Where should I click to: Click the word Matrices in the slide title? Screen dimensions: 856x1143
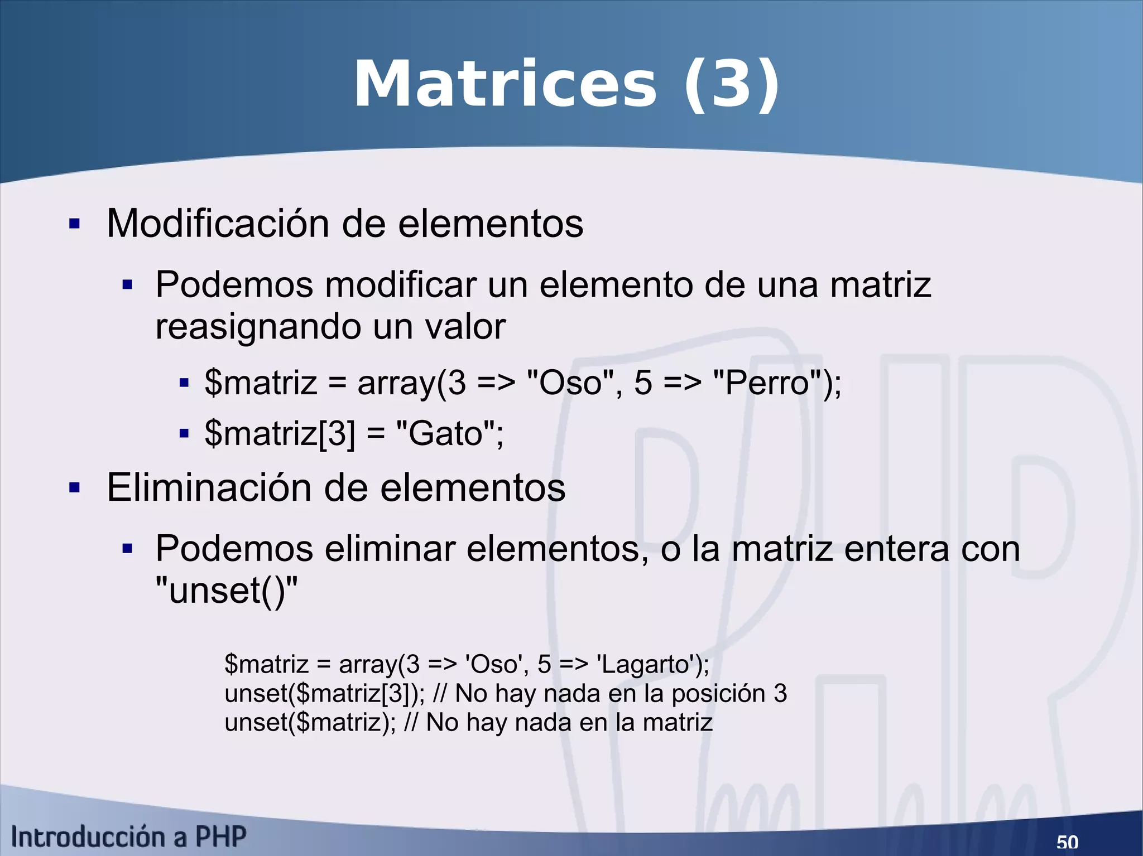point(506,85)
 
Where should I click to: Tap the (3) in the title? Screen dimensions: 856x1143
point(731,85)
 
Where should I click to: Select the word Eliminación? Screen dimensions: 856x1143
point(209,488)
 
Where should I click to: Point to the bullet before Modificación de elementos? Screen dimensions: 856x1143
point(74,225)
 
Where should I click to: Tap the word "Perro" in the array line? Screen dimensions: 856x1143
point(767,383)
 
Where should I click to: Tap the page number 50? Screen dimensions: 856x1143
point(1067,842)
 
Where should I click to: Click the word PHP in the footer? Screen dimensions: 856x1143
point(220,837)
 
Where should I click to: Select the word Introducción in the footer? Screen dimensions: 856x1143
point(89,837)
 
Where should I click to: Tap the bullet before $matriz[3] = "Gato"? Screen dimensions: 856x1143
point(184,434)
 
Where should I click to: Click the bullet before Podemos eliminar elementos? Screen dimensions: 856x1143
point(128,549)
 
